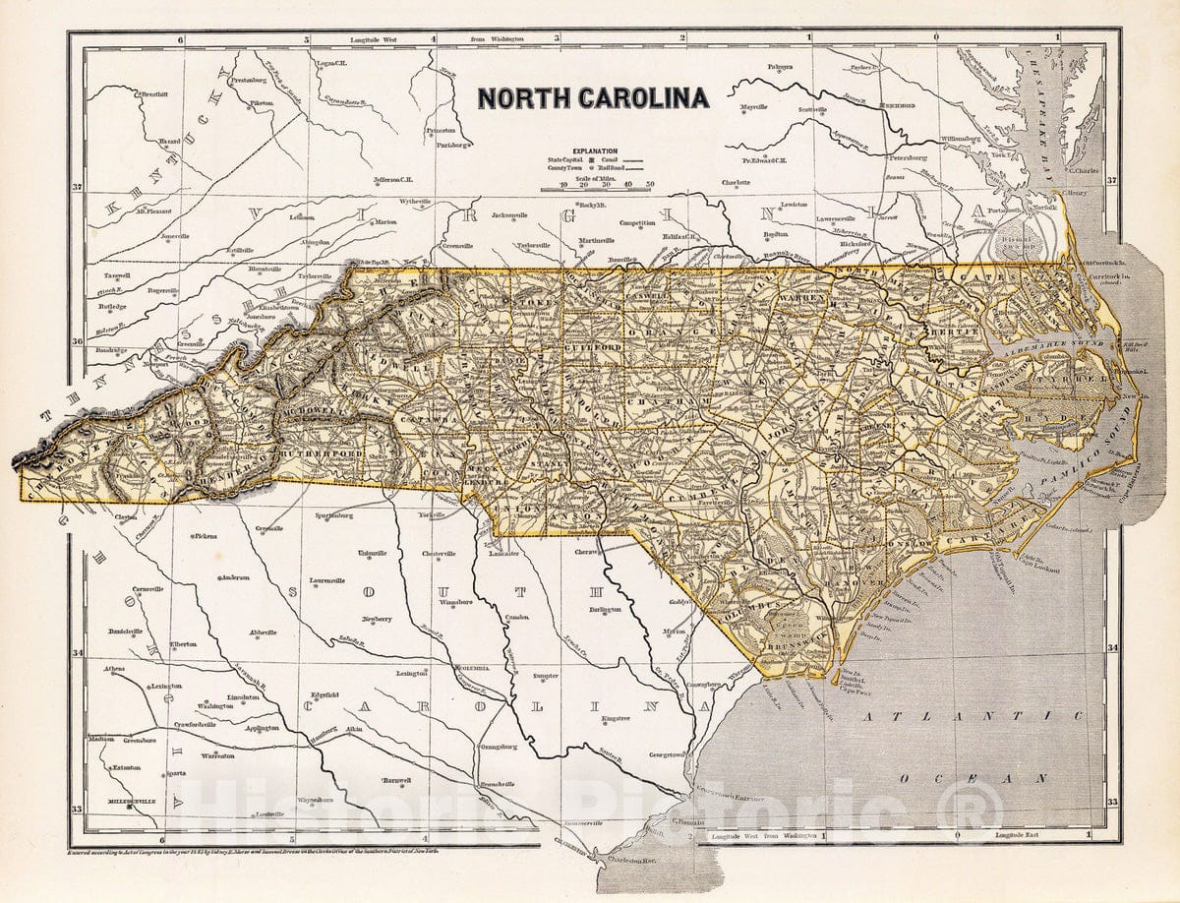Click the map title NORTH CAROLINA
point(592,98)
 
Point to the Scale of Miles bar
point(606,184)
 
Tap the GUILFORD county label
point(589,347)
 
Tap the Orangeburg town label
point(499,747)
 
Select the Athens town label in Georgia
point(113,669)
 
